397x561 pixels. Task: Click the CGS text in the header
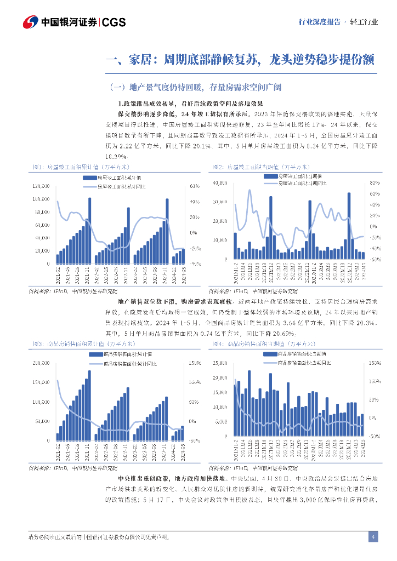[x=114, y=22]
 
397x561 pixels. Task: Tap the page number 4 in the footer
[x=372, y=536]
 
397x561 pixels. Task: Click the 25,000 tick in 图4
[x=218, y=363]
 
